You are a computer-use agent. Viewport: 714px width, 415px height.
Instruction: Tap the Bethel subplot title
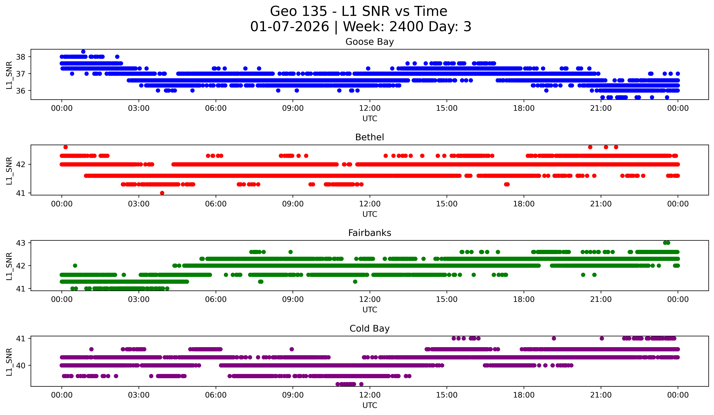(370, 137)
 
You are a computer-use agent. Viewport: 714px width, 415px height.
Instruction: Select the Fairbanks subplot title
(370, 233)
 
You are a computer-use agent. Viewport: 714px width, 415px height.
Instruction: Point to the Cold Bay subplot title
(370, 329)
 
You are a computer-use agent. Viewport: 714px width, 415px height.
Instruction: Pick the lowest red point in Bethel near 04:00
(162, 193)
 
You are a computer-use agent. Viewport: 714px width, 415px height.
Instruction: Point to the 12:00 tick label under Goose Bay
(370, 108)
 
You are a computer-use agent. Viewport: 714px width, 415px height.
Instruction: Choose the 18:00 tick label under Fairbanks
(524, 300)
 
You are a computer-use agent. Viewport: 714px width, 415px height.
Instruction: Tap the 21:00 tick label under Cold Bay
(601, 395)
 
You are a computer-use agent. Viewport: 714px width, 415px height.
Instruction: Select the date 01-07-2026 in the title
(290, 27)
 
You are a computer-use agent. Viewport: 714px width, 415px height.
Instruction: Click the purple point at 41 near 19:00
(554, 338)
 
